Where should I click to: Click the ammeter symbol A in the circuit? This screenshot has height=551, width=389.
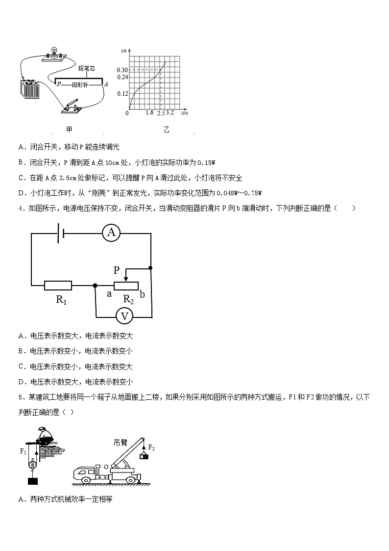coord(111,233)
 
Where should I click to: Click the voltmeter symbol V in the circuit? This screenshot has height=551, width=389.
coord(125,316)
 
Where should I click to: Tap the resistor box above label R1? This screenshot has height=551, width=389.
coord(58,285)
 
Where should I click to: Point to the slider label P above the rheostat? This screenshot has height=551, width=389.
coord(116,270)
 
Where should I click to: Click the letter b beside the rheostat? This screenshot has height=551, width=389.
coord(142,294)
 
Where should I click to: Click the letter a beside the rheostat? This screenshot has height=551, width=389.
coord(109,294)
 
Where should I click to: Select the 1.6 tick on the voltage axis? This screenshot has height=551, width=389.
coord(149,113)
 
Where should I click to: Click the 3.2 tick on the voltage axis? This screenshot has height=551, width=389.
coord(170,113)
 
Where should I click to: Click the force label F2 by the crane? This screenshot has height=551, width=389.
coord(151,448)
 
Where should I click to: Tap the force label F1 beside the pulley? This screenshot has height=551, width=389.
coord(23,450)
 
